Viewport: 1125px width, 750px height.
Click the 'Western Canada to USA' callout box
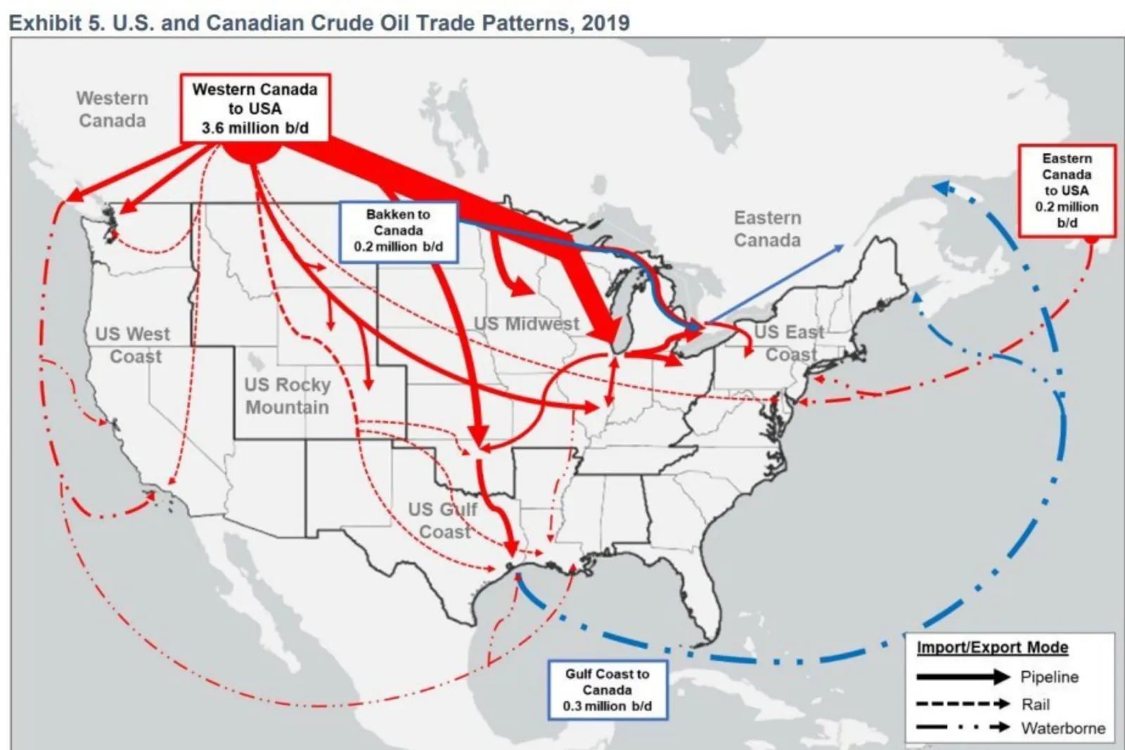click(x=255, y=108)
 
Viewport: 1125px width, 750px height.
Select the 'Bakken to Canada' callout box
click(x=399, y=231)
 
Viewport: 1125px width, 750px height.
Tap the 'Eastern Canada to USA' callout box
click(x=1067, y=190)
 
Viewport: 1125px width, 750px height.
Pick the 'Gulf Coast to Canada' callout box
click(x=607, y=689)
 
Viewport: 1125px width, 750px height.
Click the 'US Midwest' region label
click(x=527, y=324)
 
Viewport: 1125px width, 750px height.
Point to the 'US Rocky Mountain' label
click(x=287, y=396)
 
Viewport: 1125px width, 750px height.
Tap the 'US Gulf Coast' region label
click(x=443, y=520)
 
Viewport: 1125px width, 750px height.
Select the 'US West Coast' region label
click(x=134, y=345)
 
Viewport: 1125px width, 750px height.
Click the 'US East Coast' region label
click(x=790, y=343)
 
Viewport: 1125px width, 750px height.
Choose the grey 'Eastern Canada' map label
click(x=767, y=229)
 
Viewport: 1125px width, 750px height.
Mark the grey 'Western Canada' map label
click(x=112, y=110)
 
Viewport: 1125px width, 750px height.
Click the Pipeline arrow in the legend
click(x=963, y=678)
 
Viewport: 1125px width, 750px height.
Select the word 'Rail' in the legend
click(x=1036, y=704)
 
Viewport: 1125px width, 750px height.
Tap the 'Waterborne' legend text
click(x=1063, y=728)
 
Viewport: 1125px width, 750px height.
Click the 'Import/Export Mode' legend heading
click(x=992, y=647)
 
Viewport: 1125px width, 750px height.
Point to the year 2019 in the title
click(x=605, y=23)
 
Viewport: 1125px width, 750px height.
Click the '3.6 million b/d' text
click(x=255, y=128)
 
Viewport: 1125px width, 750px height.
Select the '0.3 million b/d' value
click(x=607, y=706)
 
